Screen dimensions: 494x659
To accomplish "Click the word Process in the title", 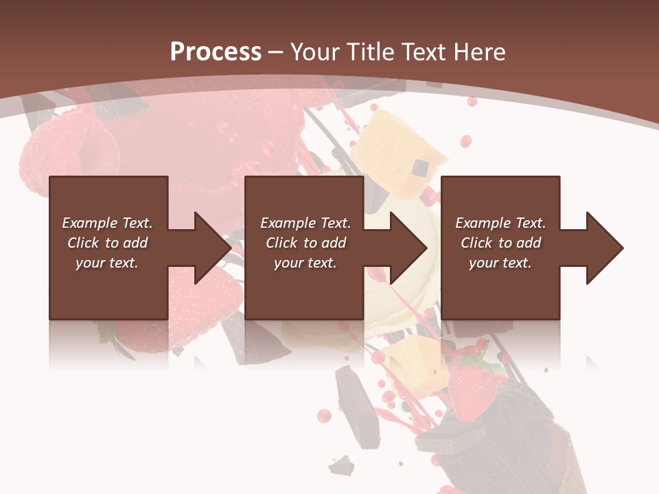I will click(216, 52).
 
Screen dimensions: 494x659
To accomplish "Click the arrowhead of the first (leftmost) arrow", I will click(212, 248).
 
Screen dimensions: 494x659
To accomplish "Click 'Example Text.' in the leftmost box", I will click(107, 223).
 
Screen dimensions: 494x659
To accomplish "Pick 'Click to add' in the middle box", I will click(305, 243).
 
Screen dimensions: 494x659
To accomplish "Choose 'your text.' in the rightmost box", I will click(500, 263).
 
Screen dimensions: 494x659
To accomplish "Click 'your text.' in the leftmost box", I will click(107, 263).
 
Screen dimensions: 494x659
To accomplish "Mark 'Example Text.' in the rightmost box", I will click(500, 223).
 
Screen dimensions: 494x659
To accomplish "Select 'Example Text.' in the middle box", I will click(305, 223).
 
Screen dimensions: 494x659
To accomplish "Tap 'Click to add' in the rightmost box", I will click(500, 243).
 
